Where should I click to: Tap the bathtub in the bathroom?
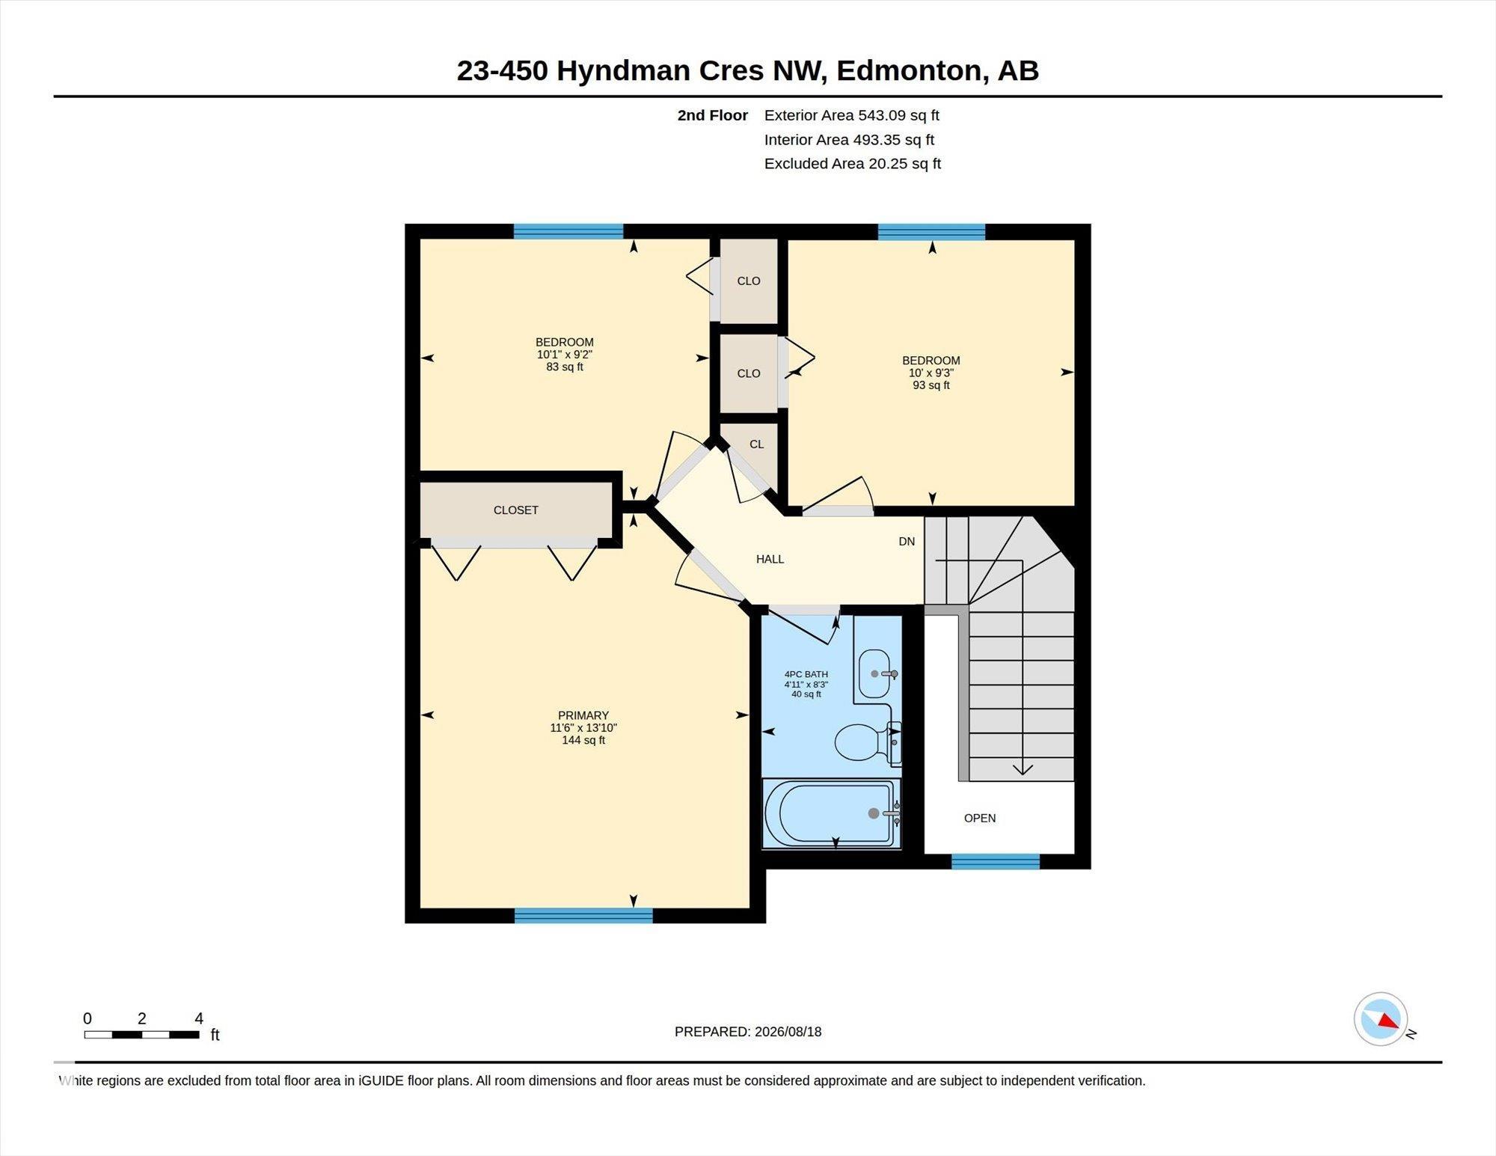831,813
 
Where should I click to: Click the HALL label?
770,559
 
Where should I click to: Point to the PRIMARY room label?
583,715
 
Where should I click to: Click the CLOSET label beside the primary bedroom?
516,510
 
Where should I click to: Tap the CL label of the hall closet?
757,444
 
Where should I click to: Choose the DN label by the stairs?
907,542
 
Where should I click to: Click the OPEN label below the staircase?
980,819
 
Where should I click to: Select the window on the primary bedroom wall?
583,916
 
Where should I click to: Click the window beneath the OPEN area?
996,861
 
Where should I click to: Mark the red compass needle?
1388,1021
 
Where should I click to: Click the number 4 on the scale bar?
199,1018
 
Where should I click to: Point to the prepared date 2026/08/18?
788,1032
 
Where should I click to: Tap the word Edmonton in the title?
909,71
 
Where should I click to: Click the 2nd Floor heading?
713,115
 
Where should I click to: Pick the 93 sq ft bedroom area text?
931,385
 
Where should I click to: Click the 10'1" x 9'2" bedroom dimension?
565,355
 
